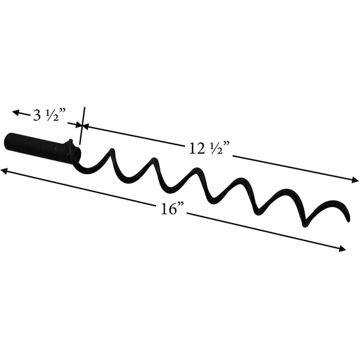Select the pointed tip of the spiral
pyautogui.click(x=348, y=221)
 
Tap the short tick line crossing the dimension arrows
pyautogui.click(x=82, y=126)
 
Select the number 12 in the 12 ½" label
pyautogui.click(x=196, y=149)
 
